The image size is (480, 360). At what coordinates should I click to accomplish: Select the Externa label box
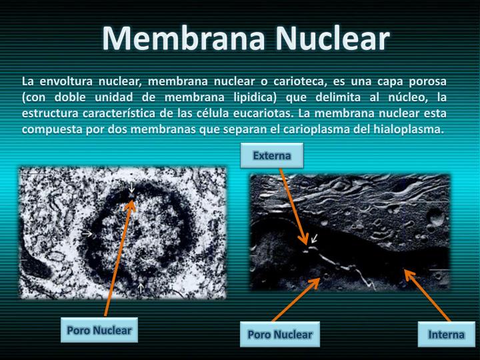(272, 156)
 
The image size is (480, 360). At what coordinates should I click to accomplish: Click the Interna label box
(446, 334)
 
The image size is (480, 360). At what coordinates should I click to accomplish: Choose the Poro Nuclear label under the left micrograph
(99, 331)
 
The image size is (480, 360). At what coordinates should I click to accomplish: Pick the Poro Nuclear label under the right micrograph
(280, 334)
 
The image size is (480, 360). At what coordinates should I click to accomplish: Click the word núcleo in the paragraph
(395, 97)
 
